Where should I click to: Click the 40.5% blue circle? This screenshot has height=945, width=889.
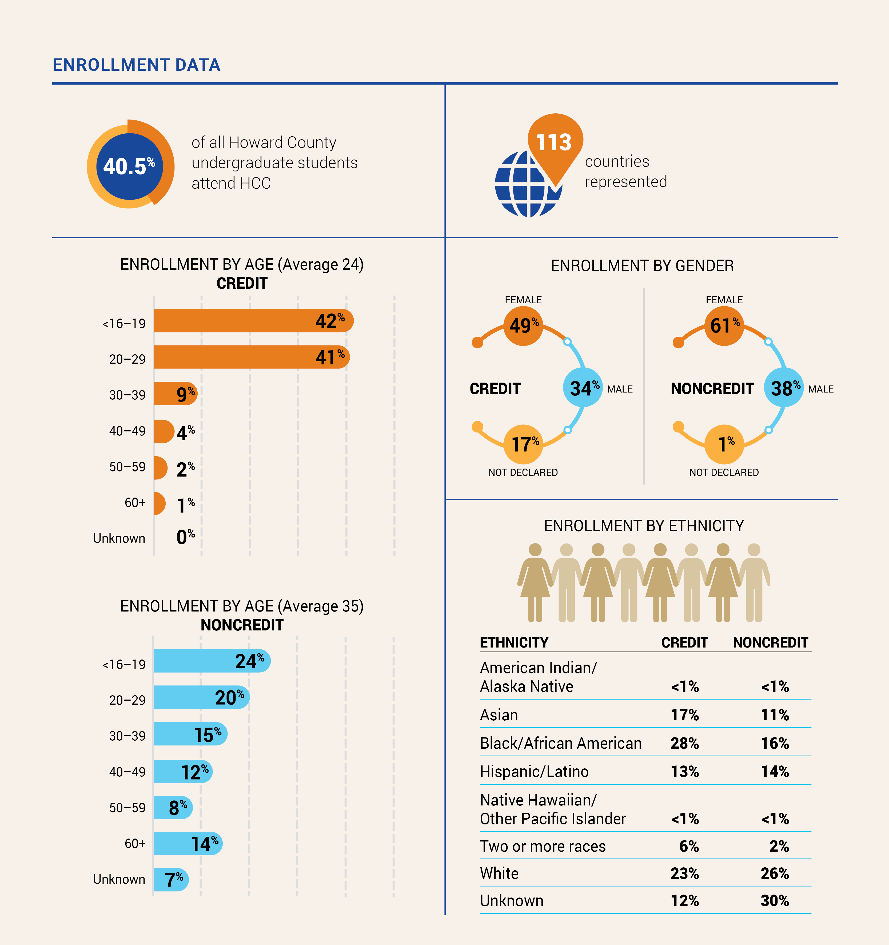tap(129, 166)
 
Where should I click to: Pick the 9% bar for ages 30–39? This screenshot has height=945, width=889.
tap(175, 394)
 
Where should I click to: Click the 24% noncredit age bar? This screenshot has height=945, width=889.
tap(212, 661)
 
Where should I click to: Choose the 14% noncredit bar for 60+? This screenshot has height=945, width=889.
tap(188, 843)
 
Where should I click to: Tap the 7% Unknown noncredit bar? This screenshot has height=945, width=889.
tap(171, 879)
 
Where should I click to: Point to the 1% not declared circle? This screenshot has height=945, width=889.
tap(724, 444)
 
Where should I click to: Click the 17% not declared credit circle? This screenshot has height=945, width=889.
tap(523, 444)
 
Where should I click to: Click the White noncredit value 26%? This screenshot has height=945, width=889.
tap(775, 873)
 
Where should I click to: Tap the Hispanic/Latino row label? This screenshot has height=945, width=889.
tap(534, 772)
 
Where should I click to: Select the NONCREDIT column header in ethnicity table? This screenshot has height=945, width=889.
tap(770, 643)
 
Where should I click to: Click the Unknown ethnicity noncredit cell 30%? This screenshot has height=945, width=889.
tap(775, 901)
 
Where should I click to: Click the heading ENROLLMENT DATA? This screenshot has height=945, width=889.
tap(136, 65)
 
